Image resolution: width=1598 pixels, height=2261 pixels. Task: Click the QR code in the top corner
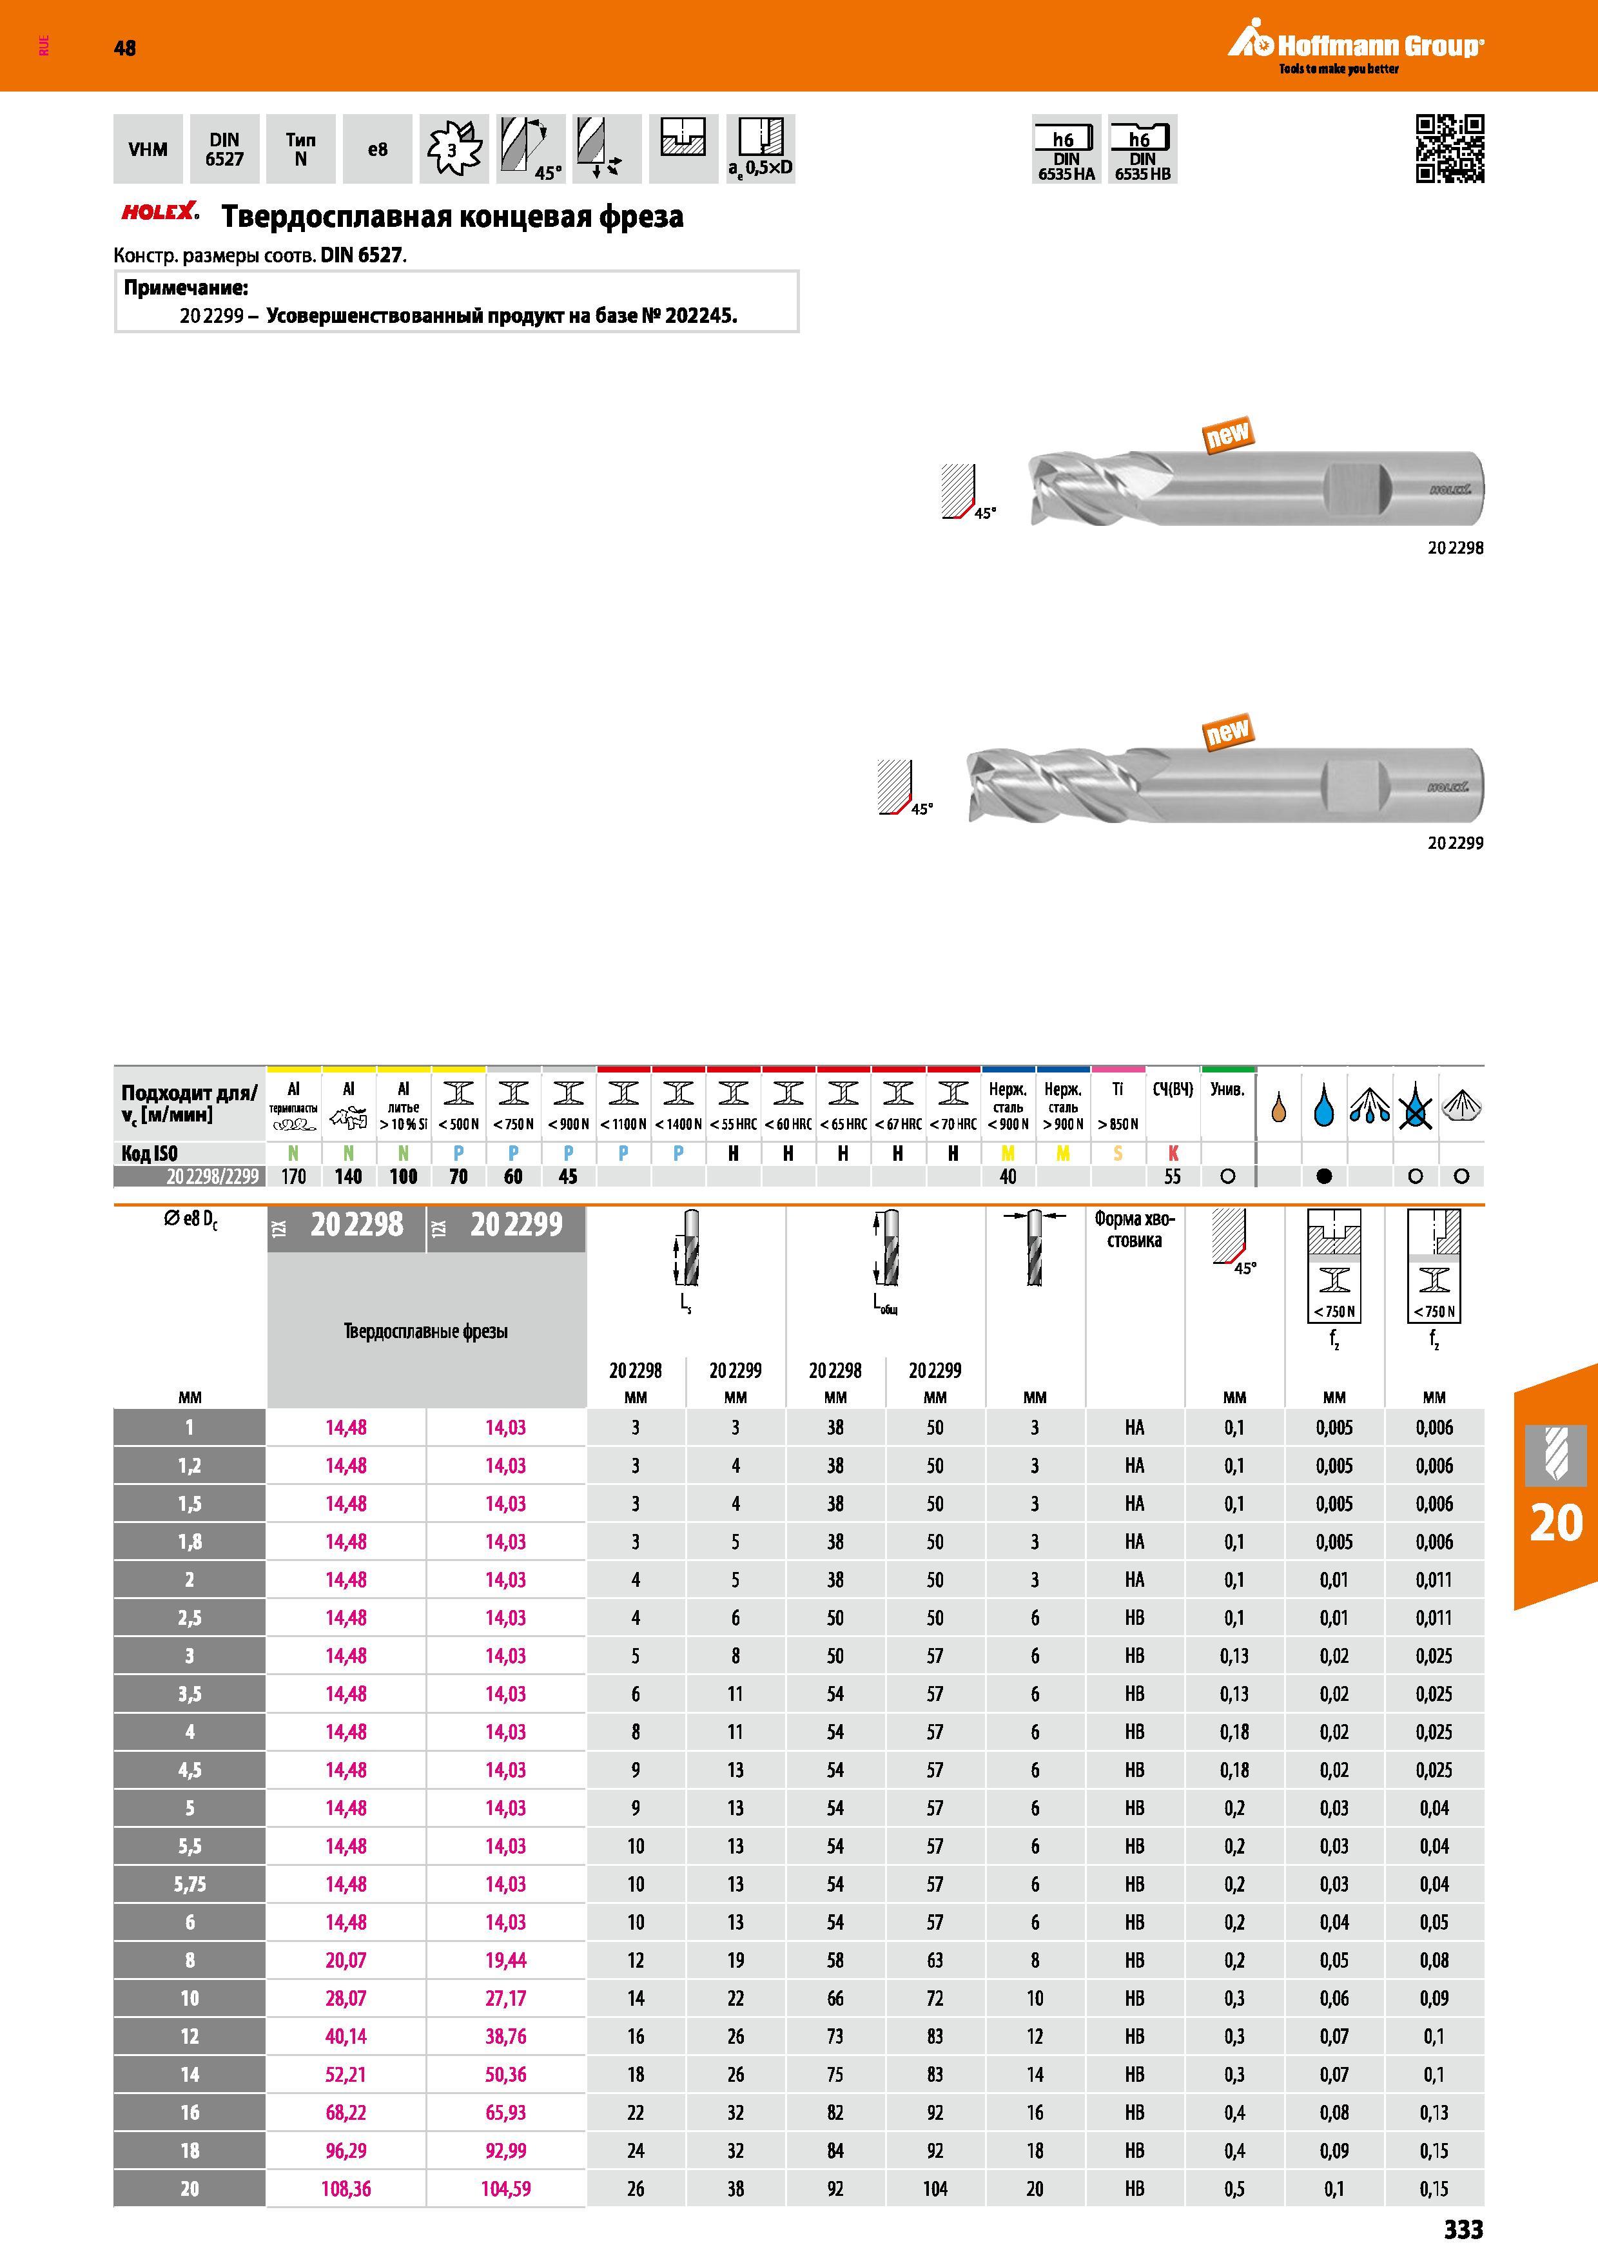pos(1449,149)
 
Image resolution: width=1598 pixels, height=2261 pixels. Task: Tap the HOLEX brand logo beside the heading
pos(159,211)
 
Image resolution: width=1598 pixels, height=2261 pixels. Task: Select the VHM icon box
pos(148,149)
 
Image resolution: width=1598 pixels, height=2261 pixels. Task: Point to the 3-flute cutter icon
pos(454,149)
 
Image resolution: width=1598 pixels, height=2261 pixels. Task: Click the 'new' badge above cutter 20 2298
pos(1228,433)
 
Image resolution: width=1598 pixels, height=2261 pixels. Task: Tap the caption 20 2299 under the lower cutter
pos(1456,843)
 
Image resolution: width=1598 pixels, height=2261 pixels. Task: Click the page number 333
pos(1463,2229)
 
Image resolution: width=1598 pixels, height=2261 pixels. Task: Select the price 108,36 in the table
pos(346,2188)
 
